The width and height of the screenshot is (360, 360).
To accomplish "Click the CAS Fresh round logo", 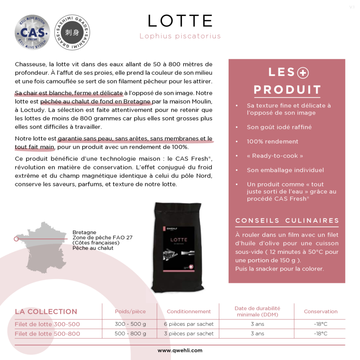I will (x=32, y=32).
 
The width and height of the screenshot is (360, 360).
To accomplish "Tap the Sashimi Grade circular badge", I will (x=72, y=32).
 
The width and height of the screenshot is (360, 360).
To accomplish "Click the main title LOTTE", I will (x=180, y=21).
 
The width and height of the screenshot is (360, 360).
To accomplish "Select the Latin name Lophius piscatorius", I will (x=180, y=36).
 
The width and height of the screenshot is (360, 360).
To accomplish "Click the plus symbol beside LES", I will (x=303, y=73).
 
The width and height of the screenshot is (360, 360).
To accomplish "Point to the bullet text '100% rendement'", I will (x=273, y=141).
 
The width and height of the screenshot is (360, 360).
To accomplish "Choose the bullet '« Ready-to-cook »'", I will (x=275, y=156).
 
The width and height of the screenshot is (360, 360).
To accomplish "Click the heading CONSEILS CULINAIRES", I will (x=287, y=221).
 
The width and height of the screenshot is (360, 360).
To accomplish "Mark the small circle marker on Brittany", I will (x=16, y=239).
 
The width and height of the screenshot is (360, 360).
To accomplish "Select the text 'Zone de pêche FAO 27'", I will (x=103, y=238).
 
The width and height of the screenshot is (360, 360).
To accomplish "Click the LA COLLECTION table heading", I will (x=46, y=312).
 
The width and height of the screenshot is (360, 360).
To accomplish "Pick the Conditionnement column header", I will (x=189, y=311).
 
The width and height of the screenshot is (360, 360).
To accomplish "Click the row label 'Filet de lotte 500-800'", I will (x=47, y=334).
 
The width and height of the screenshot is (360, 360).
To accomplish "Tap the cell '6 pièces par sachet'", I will (x=189, y=324).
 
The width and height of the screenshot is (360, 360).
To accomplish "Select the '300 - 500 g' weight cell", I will (x=130, y=324).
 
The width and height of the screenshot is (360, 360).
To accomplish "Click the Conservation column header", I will (x=320, y=311).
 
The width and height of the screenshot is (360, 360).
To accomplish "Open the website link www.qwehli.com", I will (x=180, y=350).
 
